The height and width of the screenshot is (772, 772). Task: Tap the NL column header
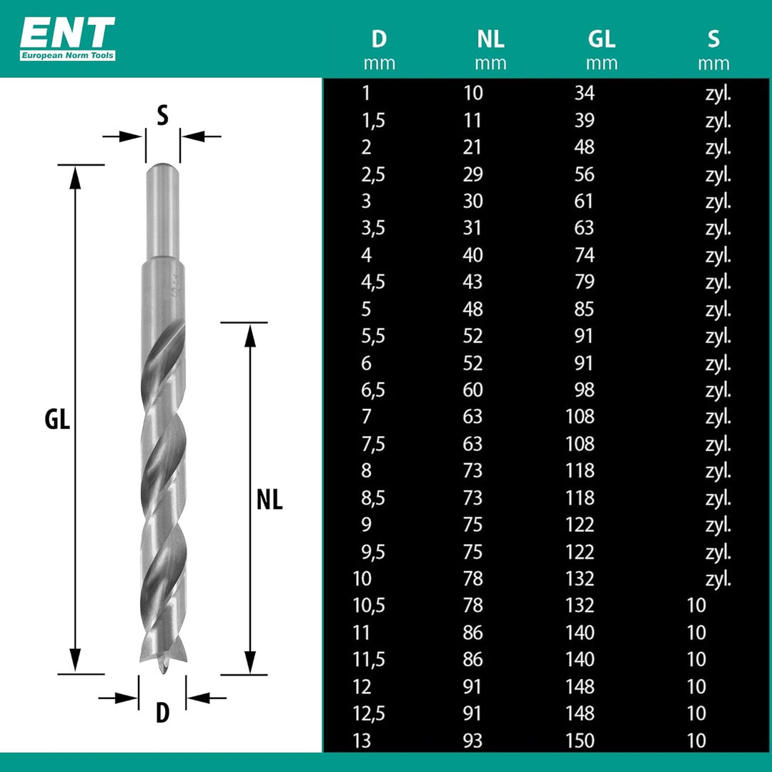(490, 39)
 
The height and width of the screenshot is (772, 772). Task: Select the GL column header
(601, 39)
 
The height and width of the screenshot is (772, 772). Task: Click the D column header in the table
(379, 39)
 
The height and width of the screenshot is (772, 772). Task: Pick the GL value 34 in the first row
(584, 93)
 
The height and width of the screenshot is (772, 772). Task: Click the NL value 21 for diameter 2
(472, 147)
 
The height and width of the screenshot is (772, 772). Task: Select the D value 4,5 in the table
(373, 282)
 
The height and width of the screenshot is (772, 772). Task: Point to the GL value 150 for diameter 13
(580, 741)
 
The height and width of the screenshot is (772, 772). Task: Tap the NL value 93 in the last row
(472, 741)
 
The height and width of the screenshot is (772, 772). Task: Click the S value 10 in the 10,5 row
(696, 605)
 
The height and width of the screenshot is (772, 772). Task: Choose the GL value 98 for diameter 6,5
(584, 390)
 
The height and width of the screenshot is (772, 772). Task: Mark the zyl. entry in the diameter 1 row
(718, 94)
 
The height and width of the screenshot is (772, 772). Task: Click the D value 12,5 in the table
(369, 714)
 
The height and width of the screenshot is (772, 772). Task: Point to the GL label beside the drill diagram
(57, 420)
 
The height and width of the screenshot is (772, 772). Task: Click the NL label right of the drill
(269, 500)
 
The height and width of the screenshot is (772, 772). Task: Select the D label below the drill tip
(162, 712)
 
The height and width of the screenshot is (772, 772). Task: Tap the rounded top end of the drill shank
(162, 166)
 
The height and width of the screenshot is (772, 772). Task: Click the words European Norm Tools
(67, 55)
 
